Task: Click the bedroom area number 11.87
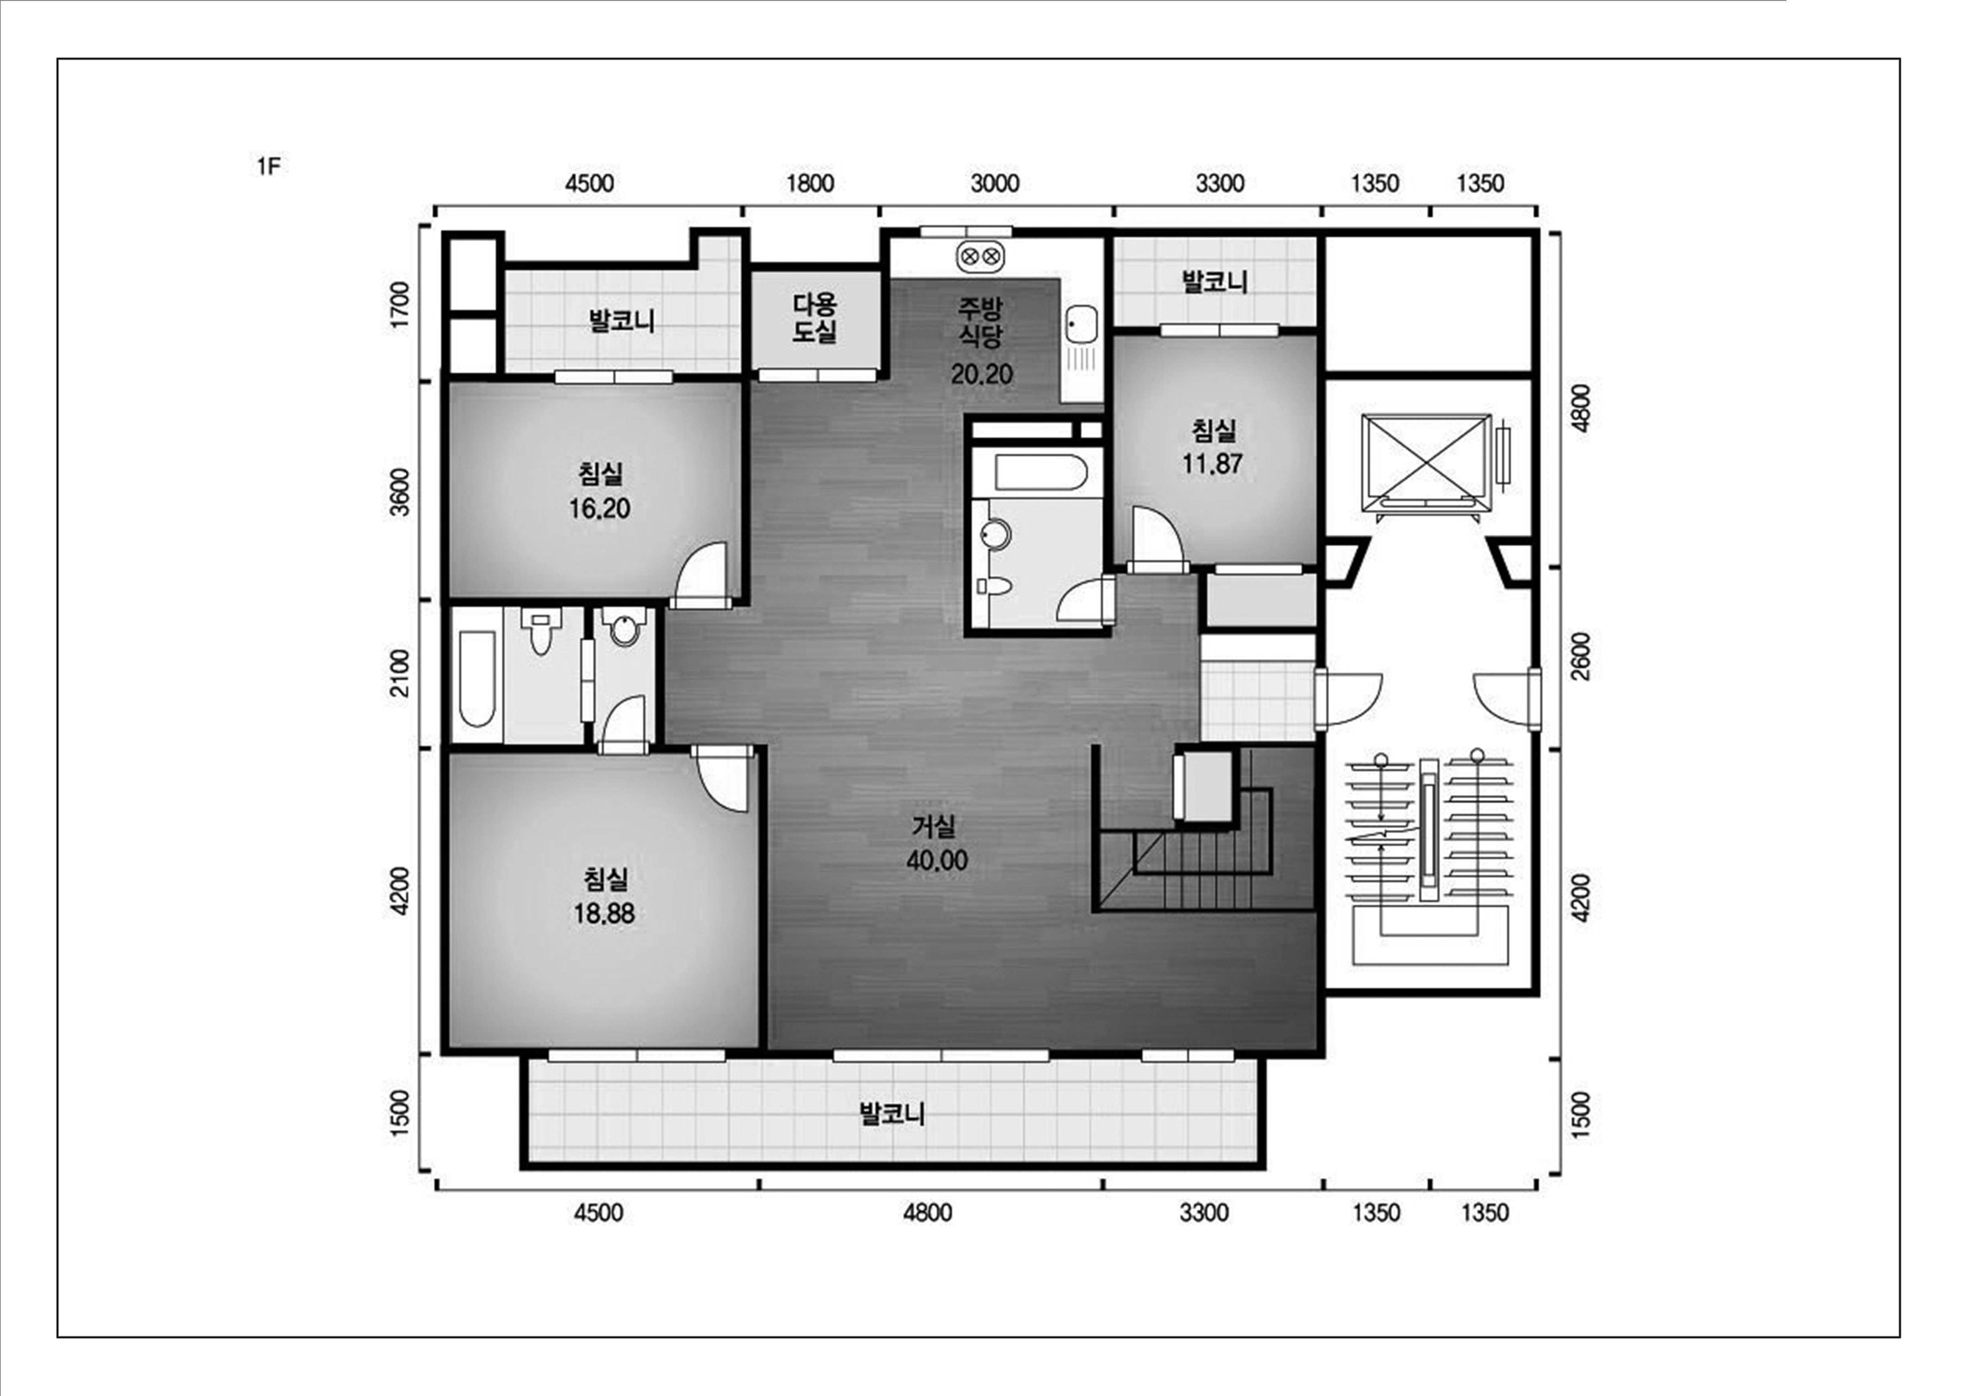(1212, 464)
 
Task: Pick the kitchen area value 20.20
(981, 373)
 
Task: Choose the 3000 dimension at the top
(995, 183)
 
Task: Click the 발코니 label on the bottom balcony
(892, 1114)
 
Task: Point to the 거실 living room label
(934, 827)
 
